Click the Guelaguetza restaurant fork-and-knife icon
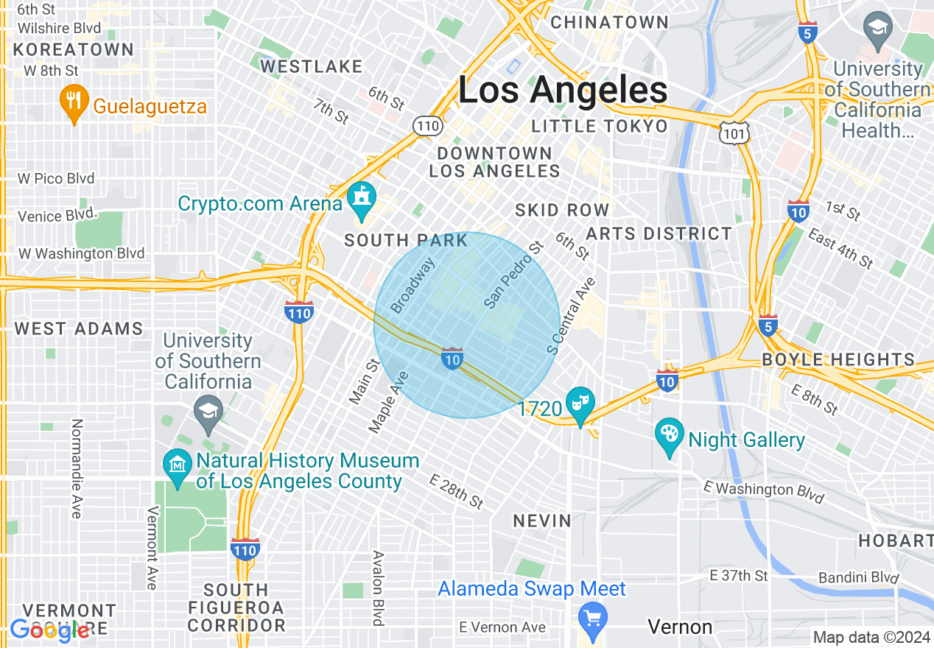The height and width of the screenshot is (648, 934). (x=73, y=101)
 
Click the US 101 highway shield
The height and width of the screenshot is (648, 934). (x=736, y=132)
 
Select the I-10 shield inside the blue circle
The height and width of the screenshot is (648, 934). (x=452, y=359)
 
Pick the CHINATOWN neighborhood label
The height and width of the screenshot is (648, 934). (x=609, y=22)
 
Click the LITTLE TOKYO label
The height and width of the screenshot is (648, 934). (x=600, y=126)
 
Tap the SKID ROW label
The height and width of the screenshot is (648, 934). (x=562, y=210)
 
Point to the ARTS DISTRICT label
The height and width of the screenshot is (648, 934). (x=659, y=233)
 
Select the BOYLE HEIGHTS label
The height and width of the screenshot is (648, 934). (x=838, y=360)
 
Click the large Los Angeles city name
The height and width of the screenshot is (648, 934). (x=563, y=91)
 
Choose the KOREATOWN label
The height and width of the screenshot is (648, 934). (x=74, y=49)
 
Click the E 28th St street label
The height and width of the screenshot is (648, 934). (x=457, y=491)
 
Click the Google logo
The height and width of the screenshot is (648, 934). (x=49, y=630)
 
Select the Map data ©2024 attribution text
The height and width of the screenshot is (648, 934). (x=871, y=637)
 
